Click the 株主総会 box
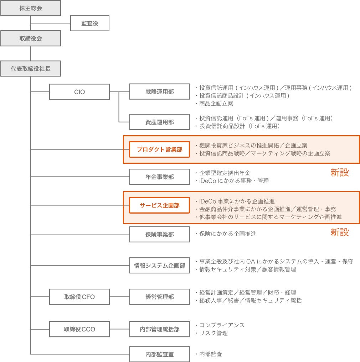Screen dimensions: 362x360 click(x=30, y=8)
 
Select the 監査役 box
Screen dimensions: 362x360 click(x=89, y=23)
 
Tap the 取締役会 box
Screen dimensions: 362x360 click(x=30, y=38)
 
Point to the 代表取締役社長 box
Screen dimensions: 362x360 click(x=30, y=69)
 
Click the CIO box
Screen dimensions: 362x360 click(x=79, y=92)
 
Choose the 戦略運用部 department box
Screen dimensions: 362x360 click(x=159, y=92)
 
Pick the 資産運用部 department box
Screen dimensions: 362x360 click(x=159, y=122)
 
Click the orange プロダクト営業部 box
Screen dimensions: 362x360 click(x=159, y=149)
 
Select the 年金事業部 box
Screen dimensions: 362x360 click(x=159, y=177)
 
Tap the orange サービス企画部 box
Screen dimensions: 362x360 click(x=159, y=205)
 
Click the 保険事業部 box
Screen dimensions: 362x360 click(x=159, y=235)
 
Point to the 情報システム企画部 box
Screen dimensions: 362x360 click(x=159, y=266)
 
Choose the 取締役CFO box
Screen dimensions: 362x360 click(x=79, y=297)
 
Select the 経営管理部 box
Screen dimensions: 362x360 click(x=159, y=297)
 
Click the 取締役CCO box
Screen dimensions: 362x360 click(x=79, y=329)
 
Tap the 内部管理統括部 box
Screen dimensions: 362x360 click(x=159, y=329)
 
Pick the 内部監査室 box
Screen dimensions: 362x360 click(x=159, y=355)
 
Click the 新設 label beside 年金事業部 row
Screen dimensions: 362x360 click(x=339, y=173)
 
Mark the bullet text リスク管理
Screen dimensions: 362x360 click(x=213, y=333)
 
